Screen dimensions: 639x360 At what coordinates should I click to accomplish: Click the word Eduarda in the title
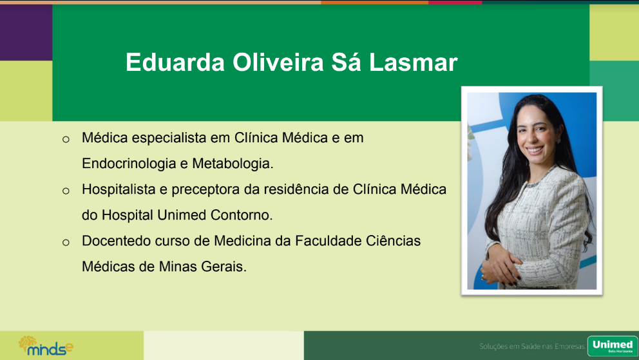click(175, 62)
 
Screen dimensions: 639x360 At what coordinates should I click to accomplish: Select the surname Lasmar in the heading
click(414, 62)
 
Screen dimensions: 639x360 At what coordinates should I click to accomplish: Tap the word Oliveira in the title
click(278, 62)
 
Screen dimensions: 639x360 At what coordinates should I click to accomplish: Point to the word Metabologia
click(233, 164)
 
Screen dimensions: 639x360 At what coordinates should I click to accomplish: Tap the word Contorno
click(242, 215)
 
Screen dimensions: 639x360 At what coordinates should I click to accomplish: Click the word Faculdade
click(328, 241)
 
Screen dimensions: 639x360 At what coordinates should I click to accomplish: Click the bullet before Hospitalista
click(66, 191)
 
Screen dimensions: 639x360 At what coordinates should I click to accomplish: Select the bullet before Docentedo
click(66, 242)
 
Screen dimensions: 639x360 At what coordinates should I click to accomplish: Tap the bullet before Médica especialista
click(66, 139)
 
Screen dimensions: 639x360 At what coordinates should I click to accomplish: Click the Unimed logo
click(613, 346)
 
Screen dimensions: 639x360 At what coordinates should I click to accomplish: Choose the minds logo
click(46, 346)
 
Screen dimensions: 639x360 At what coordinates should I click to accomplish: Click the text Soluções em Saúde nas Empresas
click(532, 346)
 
